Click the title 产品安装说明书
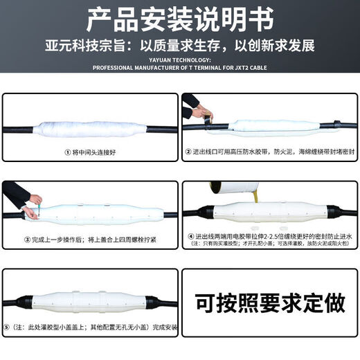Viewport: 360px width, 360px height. pos(180,19)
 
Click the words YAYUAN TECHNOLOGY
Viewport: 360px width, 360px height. pos(180,60)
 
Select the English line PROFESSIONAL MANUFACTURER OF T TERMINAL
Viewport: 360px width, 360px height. pos(180,68)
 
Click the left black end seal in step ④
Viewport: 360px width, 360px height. pos(205,213)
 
